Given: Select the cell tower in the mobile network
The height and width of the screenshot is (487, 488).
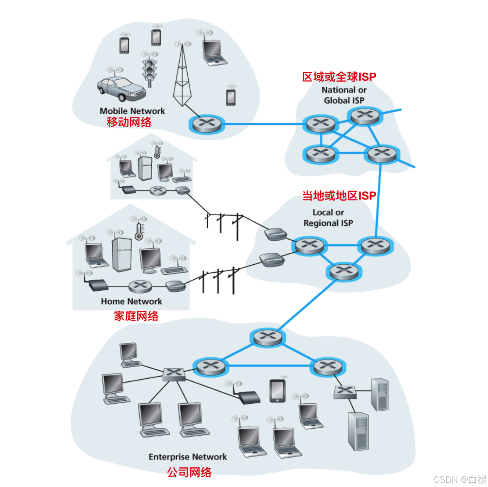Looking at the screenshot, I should coord(182,77).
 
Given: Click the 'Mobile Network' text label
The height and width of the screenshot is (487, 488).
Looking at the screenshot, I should coord(132,111).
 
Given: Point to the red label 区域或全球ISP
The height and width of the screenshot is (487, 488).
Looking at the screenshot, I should coord(339,77).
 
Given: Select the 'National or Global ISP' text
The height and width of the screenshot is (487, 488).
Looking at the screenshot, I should coord(344,95).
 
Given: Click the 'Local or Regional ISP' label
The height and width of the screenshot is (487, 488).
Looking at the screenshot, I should coord(328,218).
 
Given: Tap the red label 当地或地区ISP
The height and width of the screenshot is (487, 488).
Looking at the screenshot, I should coord(339,196).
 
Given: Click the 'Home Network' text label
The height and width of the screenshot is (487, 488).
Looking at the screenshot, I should coord(131,301).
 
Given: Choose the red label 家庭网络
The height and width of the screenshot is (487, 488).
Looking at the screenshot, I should coord(136,316).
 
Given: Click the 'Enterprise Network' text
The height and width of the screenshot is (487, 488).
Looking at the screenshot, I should coord(188,457).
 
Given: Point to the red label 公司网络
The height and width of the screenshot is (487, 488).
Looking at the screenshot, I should coord(189,472).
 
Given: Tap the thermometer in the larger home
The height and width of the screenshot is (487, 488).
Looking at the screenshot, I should coord(139,232).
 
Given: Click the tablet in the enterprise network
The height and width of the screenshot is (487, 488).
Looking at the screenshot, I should coord(277,391).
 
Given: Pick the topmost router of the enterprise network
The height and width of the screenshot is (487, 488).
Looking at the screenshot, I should coord(268,337).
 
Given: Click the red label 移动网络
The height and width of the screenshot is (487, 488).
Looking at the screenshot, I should coord(129,122).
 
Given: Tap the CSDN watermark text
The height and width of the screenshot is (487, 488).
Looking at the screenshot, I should coord(459,479).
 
